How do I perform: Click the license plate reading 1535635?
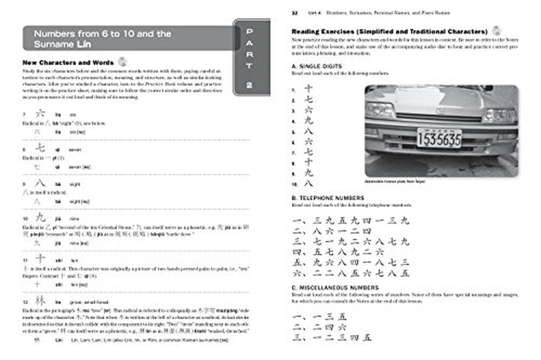point(439,138)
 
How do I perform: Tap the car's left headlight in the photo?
point(380,110)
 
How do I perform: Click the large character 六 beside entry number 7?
point(40,113)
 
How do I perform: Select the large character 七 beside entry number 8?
point(40,148)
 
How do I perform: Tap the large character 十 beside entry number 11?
point(40,259)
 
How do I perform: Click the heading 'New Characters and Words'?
point(68,62)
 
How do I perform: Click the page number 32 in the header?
point(295,12)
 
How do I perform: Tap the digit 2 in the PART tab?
point(249,84)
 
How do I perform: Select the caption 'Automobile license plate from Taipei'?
point(394,181)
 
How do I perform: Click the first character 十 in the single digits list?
point(309,89)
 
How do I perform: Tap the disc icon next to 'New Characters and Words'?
point(122,61)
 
